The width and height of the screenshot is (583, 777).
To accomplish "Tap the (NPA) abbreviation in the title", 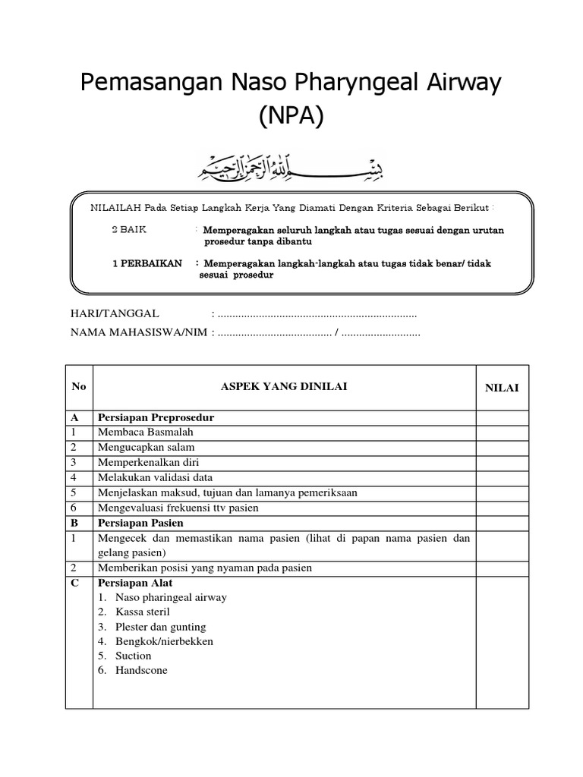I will pyautogui.click(x=291, y=116).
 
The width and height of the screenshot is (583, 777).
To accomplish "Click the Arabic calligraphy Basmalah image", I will pyautogui.click(x=291, y=165).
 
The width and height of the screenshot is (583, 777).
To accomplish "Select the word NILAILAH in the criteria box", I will pyautogui.click(x=115, y=208).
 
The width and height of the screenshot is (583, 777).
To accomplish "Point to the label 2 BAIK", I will pyautogui.click(x=129, y=229).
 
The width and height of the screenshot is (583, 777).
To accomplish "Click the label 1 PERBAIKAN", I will pyautogui.click(x=147, y=263).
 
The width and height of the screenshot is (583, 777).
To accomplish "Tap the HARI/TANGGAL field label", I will pyautogui.click(x=115, y=313).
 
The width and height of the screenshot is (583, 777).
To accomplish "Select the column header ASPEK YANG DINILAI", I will pyautogui.click(x=283, y=387).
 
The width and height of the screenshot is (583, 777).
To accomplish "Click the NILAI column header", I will pyautogui.click(x=502, y=388).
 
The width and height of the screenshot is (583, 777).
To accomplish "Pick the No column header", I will pyautogui.click(x=79, y=387).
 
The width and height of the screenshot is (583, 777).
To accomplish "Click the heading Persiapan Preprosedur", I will pyautogui.click(x=156, y=418).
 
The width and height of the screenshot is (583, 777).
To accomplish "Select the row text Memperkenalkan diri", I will pyautogui.click(x=148, y=462).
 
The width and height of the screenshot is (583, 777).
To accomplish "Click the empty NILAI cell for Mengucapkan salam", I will pyautogui.click(x=502, y=448).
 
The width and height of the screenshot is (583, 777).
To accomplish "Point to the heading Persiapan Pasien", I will pyautogui.click(x=140, y=523).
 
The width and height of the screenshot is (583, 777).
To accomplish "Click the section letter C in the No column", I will pyautogui.click(x=75, y=583).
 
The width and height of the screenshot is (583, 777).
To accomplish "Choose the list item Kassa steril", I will pyautogui.click(x=143, y=612).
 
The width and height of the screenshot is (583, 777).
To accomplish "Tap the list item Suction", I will pyautogui.click(x=134, y=656).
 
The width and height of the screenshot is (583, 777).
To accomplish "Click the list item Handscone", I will pyautogui.click(x=142, y=671).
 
